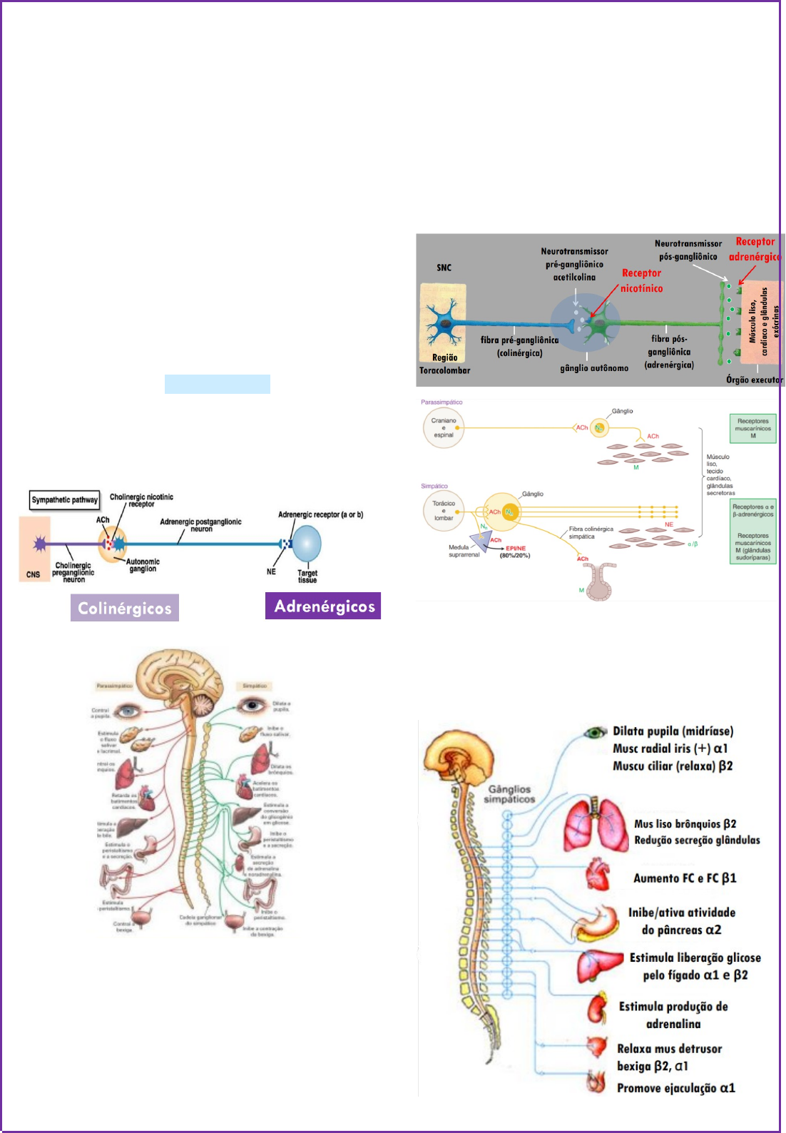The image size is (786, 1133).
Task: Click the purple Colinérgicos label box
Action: click(125, 608)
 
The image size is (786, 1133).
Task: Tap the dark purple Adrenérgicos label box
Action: click(323, 606)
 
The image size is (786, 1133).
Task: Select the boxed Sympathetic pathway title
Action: click(64, 499)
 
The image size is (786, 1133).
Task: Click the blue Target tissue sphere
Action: click(307, 544)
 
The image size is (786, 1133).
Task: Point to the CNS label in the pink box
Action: click(34, 574)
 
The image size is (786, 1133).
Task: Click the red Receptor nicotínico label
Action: click(641, 280)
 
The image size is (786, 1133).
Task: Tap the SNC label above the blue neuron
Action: click(444, 268)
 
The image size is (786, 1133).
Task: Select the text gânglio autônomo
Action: click(594, 368)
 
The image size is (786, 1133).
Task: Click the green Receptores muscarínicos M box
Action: click(752, 428)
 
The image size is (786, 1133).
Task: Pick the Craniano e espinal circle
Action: click(444, 428)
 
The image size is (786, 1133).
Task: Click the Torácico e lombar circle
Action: click(444, 511)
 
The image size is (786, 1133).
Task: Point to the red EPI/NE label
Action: click(516, 549)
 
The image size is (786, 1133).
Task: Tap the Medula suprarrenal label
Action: click(464, 551)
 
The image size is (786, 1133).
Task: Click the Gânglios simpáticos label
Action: click(509, 794)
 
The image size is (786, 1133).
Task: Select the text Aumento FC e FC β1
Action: click(685, 878)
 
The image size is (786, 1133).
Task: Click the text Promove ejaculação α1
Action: click(675, 1088)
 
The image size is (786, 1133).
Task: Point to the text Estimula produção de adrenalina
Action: click(673, 1015)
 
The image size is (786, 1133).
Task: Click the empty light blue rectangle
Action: click(218, 384)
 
